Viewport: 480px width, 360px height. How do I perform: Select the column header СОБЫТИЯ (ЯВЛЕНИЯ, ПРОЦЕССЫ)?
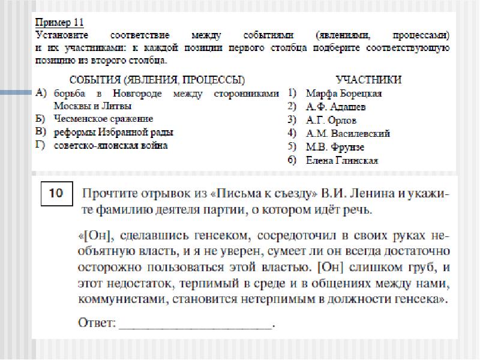[x=157, y=80]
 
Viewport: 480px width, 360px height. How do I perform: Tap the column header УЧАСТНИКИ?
[x=368, y=80]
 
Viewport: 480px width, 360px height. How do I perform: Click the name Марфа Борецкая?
[x=343, y=94]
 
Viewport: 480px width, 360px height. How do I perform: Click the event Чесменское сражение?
[x=103, y=119]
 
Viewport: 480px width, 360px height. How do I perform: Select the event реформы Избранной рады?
[x=113, y=132]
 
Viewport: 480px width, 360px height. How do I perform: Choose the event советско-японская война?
[x=110, y=145]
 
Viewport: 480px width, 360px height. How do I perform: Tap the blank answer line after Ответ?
[x=196, y=324]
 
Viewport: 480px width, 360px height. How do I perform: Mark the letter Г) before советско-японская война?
[x=41, y=145]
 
